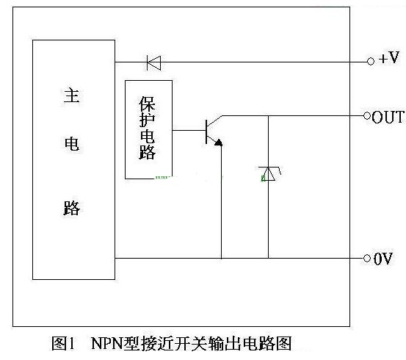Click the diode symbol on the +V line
click(153, 62)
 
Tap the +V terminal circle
click(371, 62)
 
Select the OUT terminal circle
click(367, 115)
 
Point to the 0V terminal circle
click(367, 258)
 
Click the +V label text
click(389, 57)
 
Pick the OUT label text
click(388, 117)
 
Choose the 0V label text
click(383, 259)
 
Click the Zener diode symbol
click(269, 173)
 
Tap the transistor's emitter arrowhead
click(219, 143)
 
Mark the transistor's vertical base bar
click(206, 132)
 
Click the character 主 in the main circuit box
click(71, 95)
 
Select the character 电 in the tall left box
click(72, 144)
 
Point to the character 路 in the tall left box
click(72, 208)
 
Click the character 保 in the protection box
click(147, 104)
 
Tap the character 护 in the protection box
click(147, 120)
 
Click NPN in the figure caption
click(107, 343)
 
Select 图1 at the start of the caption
click(63, 343)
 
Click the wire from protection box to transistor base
click(189, 130)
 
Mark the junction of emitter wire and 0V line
click(222, 258)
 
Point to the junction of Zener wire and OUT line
click(268, 115)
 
